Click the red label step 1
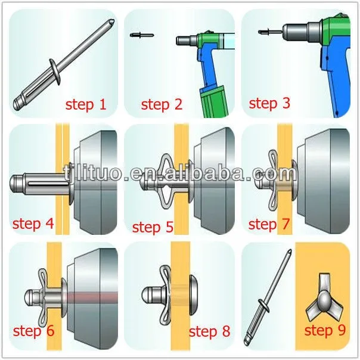[x=86, y=105]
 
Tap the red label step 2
[x=162, y=105]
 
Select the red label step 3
[x=269, y=103]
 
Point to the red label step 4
[x=32, y=224]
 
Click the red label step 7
[x=270, y=224]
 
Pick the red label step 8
[x=209, y=332]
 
